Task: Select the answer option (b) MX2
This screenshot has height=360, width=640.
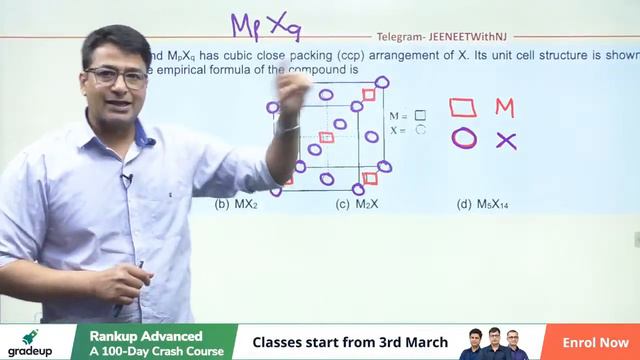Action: pos(236,204)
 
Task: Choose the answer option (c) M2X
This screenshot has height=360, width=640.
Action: pos(356,204)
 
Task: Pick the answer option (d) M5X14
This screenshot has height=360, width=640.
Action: pos(485,204)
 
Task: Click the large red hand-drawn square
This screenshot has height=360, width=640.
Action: pos(463,107)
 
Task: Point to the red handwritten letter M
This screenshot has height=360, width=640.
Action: pos(505,107)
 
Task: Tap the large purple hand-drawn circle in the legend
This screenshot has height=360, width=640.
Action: pos(463,138)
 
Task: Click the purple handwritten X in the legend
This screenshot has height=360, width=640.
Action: pos(506,140)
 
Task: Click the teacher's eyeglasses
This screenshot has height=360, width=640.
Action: pos(116,76)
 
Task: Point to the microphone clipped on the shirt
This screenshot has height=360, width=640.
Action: pos(127,180)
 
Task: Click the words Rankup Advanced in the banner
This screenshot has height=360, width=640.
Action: pos(146,335)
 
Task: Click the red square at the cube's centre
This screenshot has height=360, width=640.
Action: pos(326,137)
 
